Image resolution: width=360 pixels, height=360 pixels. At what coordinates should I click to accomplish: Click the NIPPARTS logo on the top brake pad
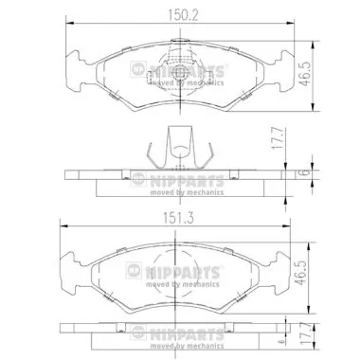click(180, 70)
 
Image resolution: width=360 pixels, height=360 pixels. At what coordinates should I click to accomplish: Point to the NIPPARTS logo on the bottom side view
click(180, 331)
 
